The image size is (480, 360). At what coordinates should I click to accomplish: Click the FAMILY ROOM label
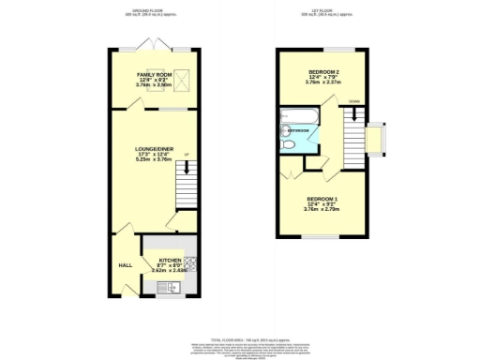point(153,74)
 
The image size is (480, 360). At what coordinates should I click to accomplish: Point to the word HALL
point(125,265)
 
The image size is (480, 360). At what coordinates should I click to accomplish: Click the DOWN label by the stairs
point(354,101)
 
